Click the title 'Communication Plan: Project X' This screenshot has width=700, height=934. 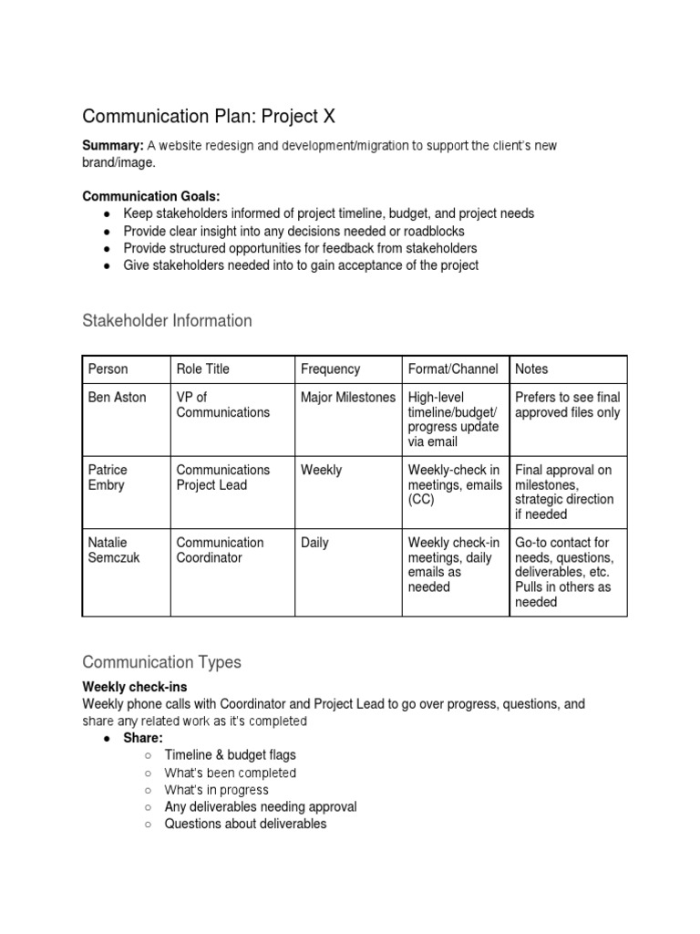click(x=201, y=116)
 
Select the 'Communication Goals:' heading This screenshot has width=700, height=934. click(x=151, y=195)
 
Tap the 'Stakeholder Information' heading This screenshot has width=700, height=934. click(x=167, y=320)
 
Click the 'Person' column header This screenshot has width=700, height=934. click(x=108, y=368)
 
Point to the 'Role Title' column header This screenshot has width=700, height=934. click(x=202, y=368)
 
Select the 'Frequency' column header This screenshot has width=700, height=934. click(x=330, y=368)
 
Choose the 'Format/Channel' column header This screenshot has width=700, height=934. click(x=453, y=368)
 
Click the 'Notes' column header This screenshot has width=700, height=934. click(x=531, y=368)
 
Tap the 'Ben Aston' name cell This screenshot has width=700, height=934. click(x=117, y=397)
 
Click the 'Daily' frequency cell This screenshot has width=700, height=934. click(x=314, y=543)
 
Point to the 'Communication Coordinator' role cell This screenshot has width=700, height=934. click(x=220, y=550)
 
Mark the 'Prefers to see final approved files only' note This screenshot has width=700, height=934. click(x=567, y=404)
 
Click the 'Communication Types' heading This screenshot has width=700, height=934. click(x=161, y=661)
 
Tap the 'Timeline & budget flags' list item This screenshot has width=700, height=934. click(x=230, y=754)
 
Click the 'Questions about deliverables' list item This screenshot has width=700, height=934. click(x=245, y=824)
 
